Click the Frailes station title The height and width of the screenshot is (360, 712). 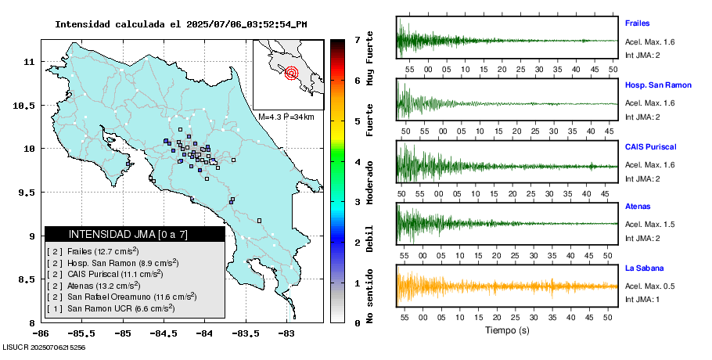pos(638,23)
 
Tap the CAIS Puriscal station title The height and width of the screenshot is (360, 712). pos(650,146)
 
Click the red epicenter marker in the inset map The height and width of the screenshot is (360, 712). pos(291,74)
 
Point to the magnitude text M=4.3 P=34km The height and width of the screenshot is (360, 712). pos(286,117)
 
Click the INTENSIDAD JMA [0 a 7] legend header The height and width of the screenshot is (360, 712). pos(135,234)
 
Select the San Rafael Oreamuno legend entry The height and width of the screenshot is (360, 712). pos(122,297)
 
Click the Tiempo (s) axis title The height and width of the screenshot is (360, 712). pos(507,330)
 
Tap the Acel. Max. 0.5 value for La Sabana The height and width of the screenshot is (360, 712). pos(649,286)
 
